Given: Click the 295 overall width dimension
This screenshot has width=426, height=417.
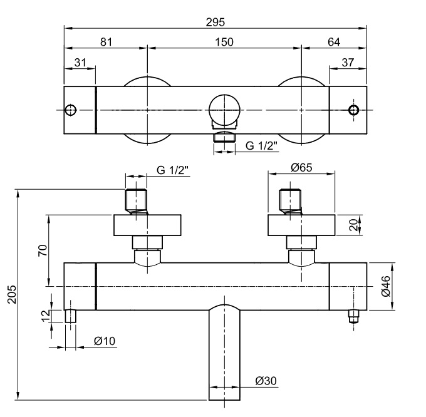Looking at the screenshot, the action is [215, 23].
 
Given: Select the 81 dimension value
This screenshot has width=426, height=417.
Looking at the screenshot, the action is [106, 42].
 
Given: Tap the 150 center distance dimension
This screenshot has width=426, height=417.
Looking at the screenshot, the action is [224, 42].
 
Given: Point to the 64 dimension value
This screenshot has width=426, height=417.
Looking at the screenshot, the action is [334, 42].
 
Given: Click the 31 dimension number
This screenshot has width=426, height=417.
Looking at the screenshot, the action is [80, 63].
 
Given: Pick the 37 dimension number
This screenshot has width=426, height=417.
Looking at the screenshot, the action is [348, 63].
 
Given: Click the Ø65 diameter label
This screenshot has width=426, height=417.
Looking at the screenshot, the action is [301, 168].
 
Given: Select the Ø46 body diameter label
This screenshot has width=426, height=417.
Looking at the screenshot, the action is [386, 286].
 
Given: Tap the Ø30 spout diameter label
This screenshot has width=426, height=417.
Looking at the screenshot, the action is [266, 381].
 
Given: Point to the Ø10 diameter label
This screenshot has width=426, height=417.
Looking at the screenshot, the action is [105, 341].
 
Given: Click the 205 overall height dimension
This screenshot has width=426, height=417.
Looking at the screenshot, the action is [12, 294].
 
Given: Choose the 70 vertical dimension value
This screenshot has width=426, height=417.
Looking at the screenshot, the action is [43, 250].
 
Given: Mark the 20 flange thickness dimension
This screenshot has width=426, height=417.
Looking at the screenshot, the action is [354, 225].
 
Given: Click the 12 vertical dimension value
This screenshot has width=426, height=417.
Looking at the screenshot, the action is [46, 316].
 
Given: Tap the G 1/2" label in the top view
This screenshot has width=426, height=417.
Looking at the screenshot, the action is [261, 146].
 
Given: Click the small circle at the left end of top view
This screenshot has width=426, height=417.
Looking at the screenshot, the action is [71, 110].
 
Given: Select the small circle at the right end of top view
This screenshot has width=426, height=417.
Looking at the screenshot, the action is [354, 110].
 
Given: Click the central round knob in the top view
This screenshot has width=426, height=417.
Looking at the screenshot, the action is [225, 110].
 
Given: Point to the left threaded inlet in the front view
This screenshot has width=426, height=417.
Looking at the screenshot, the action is [136, 201].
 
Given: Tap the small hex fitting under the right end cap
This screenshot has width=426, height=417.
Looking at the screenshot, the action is [354, 317].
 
